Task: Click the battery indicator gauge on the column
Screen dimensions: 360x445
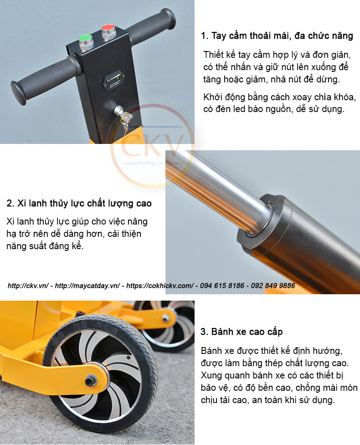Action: point(113,80)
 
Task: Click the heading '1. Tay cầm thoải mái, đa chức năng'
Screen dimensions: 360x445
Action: point(277,36)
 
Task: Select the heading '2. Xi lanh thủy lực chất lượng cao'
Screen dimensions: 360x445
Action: point(79,204)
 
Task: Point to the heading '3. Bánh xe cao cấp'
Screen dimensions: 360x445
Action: point(242,332)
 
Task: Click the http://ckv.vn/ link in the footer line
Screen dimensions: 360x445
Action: point(28,286)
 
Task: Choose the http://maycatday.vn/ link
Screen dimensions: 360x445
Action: point(87,286)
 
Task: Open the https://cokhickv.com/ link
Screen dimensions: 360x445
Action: point(160,286)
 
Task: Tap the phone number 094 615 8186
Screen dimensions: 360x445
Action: point(222,286)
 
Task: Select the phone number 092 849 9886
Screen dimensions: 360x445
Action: point(273,286)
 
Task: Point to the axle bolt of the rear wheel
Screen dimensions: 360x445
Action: point(165,318)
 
